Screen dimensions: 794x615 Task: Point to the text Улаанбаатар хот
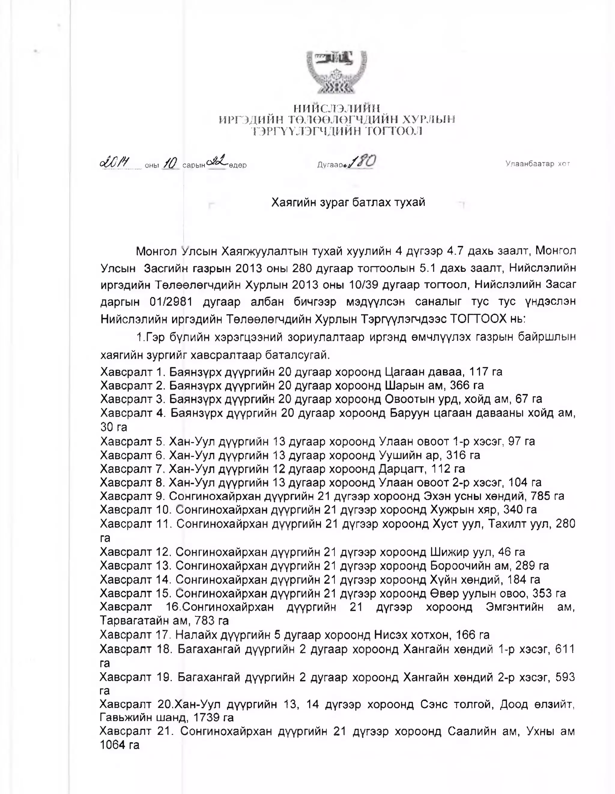point(537,164)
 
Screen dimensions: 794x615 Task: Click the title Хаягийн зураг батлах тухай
point(348,202)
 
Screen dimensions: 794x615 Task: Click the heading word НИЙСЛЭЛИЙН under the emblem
point(337,108)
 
